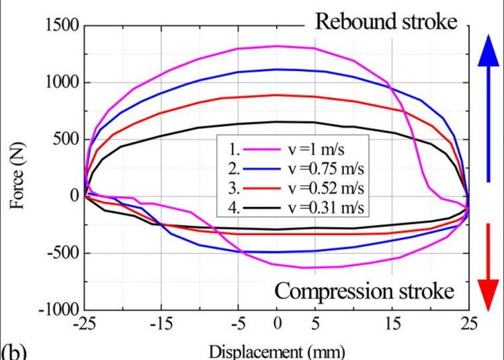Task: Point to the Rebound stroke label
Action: pyautogui.click(x=386, y=21)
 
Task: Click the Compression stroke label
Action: pyautogui.click(x=364, y=291)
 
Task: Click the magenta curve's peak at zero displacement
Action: pyautogui.click(x=277, y=46)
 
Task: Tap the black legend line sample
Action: pyautogui.click(x=261, y=208)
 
